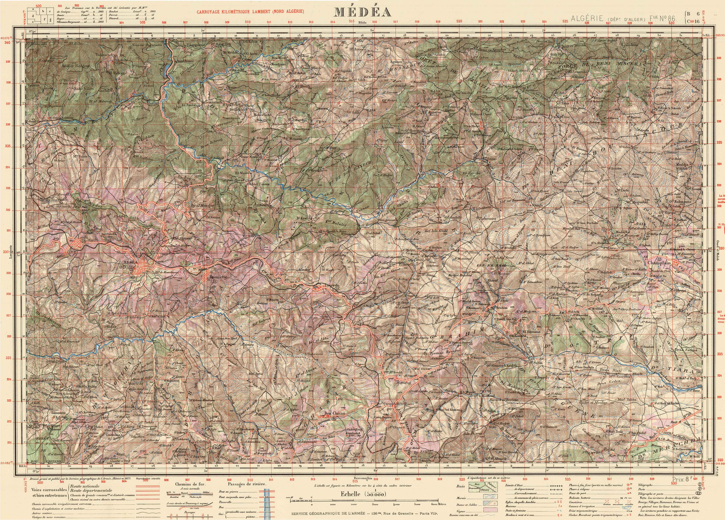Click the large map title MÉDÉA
click(362, 12)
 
